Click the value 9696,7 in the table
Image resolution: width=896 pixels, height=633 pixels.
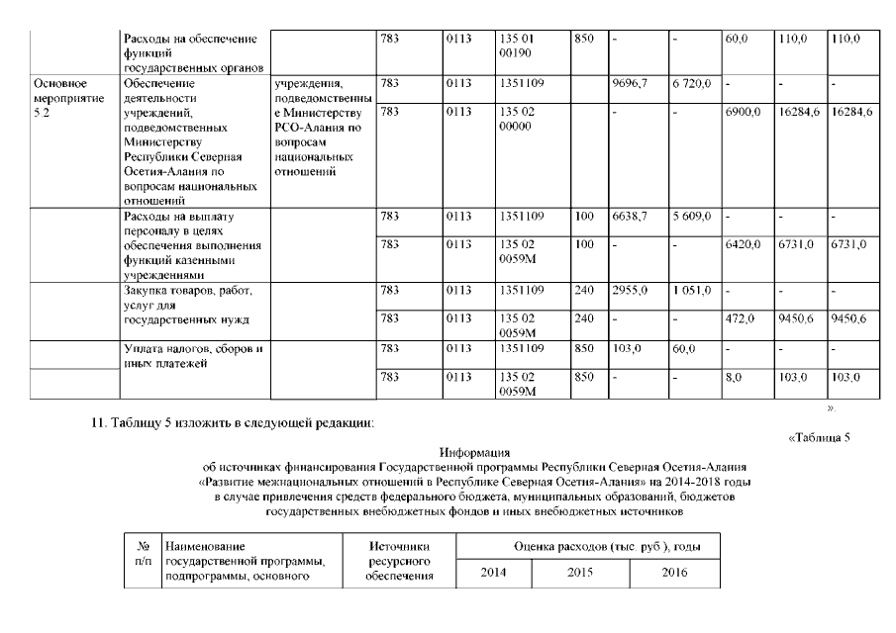630,83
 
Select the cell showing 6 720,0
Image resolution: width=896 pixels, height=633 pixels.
690,83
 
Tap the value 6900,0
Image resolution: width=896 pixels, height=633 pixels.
741,113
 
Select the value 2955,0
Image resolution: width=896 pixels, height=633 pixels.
630,290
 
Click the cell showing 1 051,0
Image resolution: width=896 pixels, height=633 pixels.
690,290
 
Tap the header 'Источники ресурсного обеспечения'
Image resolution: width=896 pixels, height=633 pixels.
399,560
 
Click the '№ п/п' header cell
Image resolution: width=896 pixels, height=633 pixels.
143,552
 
